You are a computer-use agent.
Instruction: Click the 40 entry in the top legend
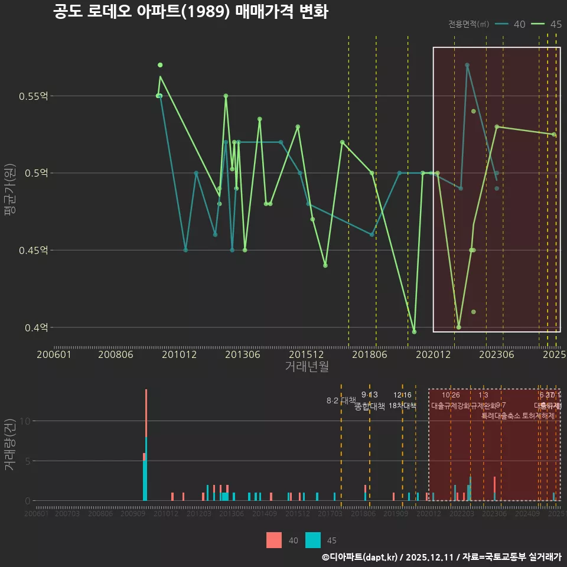pos(519,24)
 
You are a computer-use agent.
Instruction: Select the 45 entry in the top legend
pos(555,24)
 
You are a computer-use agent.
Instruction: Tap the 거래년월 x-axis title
pos(307,367)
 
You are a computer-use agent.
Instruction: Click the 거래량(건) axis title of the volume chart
pos(9,444)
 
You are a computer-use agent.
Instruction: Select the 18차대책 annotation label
pos(403,406)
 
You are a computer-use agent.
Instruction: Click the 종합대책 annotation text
pos(370,406)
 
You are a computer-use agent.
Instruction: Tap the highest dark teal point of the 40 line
pos(467,65)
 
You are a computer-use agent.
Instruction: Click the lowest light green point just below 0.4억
pos(414,332)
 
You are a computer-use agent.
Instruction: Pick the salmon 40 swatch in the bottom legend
pos(274,540)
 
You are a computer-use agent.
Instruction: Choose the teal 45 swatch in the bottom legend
pos(313,540)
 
